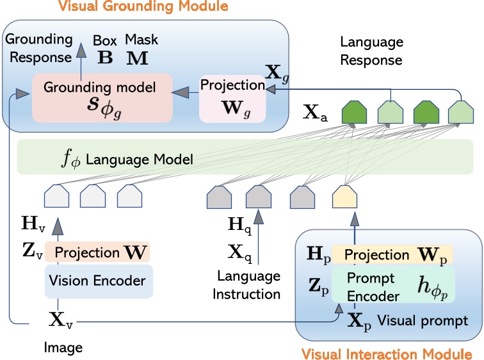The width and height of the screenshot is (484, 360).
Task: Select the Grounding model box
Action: click(102, 97)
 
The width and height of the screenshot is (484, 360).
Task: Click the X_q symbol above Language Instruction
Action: click(238, 250)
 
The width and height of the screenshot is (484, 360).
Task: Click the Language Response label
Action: click(371, 51)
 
